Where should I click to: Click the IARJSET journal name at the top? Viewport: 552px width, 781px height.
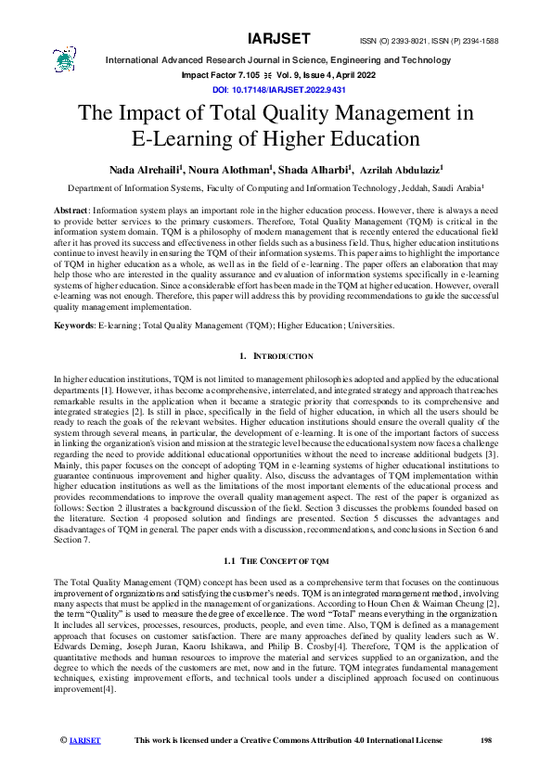[x=277, y=39]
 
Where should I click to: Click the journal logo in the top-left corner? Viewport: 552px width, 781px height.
[x=64, y=59]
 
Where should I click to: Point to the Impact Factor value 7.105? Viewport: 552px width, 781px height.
[x=237, y=75]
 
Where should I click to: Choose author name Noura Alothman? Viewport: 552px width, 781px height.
[x=236, y=171]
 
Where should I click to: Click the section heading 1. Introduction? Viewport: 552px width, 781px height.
[x=276, y=356]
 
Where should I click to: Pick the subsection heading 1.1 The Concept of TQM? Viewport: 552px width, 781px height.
[x=276, y=561]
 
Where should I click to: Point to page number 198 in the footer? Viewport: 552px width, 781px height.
[x=483, y=739]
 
